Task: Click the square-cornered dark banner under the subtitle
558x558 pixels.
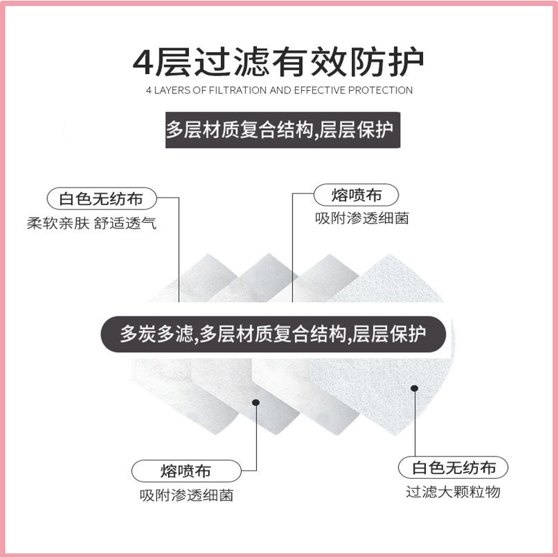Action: coord(279,129)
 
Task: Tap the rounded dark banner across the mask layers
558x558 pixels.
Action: coord(274,334)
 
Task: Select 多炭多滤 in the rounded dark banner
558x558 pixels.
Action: coord(158,334)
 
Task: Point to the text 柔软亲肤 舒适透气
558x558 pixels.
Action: coord(91,223)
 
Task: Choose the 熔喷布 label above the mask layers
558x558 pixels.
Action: coord(356,195)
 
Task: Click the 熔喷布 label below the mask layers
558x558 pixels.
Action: coord(186,471)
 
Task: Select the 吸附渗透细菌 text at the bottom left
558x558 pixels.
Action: coord(186,495)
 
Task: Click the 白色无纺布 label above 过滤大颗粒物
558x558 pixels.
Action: coord(454,467)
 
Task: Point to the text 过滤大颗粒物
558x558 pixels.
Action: coord(453,492)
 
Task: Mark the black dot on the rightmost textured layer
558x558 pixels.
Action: coord(414,388)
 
